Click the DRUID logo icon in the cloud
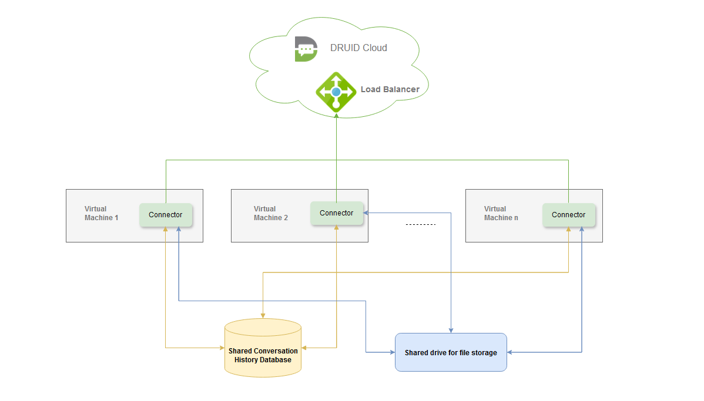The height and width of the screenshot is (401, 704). [306, 49]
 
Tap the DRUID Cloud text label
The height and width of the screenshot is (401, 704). [358, 48]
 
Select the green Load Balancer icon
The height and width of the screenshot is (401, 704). [336, 92]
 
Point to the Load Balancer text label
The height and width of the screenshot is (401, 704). [390, 90]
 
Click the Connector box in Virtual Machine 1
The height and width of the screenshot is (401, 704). [166, 215]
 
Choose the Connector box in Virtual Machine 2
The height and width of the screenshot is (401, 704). [337, 213]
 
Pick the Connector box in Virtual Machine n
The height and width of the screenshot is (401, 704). [569, 215]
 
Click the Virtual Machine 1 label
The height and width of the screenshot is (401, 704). [101, 213]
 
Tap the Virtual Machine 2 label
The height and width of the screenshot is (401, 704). [270, 213]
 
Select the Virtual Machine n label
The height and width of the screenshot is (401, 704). [501, 213]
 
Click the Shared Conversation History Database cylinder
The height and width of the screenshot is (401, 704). [263, 348]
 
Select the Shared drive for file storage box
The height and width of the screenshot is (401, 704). [451, 352]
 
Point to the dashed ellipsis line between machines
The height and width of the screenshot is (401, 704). [421, 225]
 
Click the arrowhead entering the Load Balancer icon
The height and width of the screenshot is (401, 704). [336, 116]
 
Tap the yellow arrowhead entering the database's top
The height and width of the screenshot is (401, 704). [262, 316]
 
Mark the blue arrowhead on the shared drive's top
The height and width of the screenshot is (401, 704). [451, 330]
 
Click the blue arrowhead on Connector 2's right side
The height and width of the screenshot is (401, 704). [366, 213]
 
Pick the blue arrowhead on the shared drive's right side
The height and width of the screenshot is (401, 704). [510, 352]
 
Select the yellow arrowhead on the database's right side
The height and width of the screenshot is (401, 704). [304, 348]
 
